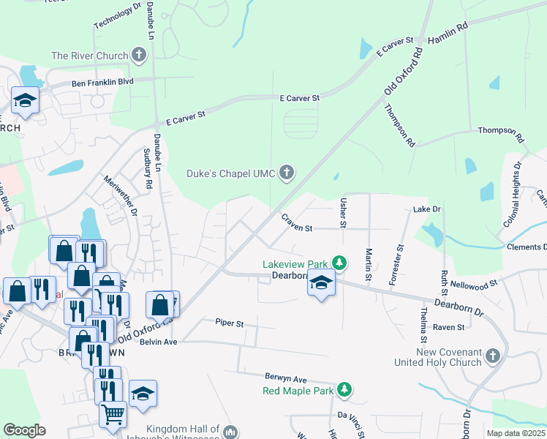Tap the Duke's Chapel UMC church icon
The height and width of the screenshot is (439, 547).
(x=287, y=173)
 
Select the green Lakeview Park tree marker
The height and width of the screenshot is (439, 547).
(x=339, y=262)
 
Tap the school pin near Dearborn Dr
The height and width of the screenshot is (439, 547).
(x=320, y=282)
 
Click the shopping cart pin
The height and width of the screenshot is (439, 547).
(x=113, y=416)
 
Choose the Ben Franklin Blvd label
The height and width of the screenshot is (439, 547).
(x=102, y=83)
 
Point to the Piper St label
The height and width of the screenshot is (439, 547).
(x=229, y=322)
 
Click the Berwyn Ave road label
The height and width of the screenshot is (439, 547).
(x=285, y=380)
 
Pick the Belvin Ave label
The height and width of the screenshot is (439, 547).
(x=159, y=342)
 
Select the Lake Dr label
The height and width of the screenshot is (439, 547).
(x=427, y=209)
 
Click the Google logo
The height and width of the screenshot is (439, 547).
(x=24, y=429)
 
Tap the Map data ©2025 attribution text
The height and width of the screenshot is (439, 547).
(x=516, y=433)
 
